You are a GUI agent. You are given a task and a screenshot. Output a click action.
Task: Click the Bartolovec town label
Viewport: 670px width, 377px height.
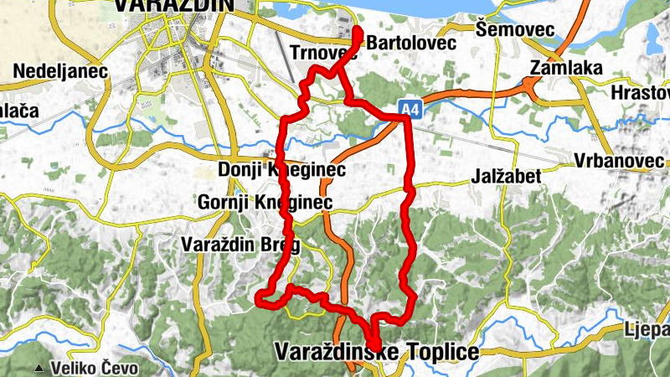pos(411,42)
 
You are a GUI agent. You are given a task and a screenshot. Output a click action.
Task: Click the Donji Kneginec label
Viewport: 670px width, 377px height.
pos(281,170)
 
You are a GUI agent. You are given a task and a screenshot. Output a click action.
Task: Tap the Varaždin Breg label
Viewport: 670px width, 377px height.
pos(240,245)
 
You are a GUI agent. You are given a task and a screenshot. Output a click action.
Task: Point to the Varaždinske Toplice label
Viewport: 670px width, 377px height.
pos(377,352)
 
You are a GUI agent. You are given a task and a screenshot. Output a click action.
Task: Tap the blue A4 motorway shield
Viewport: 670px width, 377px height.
pos(408,108)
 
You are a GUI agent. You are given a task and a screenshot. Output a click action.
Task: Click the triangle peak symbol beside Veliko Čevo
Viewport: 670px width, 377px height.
pos(39,368)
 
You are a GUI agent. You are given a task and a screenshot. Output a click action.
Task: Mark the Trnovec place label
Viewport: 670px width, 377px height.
pos(322,53)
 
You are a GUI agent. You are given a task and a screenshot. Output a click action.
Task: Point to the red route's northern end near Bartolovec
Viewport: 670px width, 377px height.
pos(358,31)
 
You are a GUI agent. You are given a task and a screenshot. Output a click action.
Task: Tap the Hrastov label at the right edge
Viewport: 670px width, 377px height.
pos(642,92)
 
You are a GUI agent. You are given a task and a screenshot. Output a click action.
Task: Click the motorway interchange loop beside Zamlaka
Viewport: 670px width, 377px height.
pos(530,84)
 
